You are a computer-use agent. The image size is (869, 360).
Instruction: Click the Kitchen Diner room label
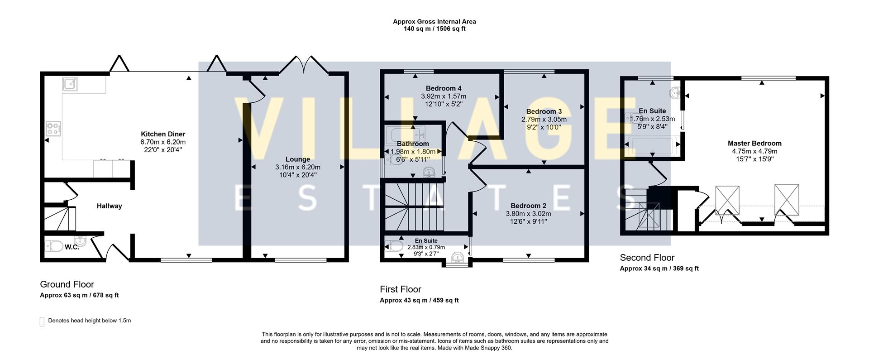point(163,134)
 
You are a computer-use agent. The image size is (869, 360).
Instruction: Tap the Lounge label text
point(297,159)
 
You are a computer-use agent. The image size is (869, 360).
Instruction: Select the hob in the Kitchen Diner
point(53,129)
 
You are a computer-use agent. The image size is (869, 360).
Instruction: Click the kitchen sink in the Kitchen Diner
point(71,84)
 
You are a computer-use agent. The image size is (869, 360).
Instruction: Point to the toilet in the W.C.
point(55,246)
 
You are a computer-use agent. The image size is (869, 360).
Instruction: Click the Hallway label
point(109,206)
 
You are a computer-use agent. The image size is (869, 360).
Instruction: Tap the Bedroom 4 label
point(443,88)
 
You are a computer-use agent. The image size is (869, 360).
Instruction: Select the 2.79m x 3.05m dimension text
point(544,120)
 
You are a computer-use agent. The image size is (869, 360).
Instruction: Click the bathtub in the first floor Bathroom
point(405,134)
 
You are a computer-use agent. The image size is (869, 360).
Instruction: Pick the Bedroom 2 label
point(528,206)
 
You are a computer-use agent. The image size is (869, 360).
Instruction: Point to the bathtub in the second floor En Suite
point(652,146)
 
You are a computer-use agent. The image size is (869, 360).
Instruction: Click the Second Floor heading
point(647,258)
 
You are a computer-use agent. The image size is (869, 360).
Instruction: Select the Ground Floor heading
point(67,284)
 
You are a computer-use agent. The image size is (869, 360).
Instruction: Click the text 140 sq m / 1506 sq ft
point(434,29)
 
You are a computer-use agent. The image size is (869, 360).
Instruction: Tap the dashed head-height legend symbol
point(42,321)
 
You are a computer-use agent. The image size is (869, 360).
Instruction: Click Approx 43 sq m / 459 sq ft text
point(419,300)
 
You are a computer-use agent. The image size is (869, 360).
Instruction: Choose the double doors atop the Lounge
point(304,65)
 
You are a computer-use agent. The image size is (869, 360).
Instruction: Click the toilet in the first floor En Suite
point(396,246)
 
